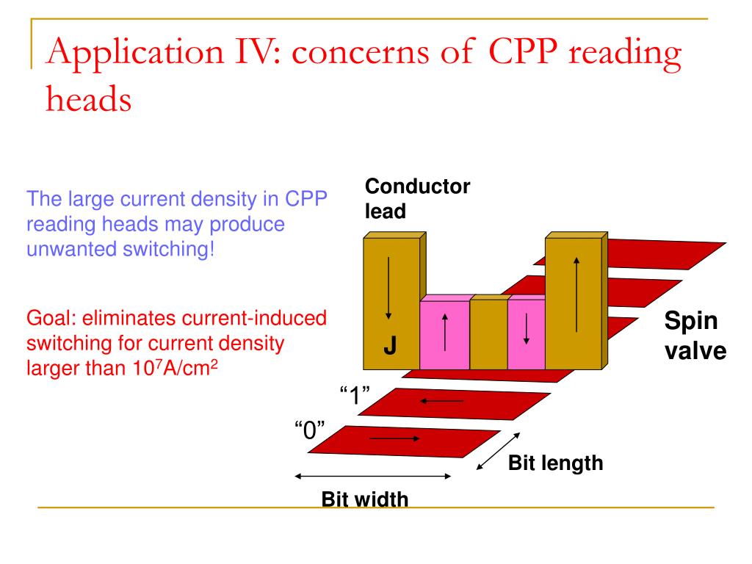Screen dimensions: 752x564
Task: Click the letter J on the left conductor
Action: click(x=390, y=345)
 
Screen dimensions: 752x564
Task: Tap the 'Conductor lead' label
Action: click(x=417, y=198)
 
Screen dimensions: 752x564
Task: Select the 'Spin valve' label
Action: click(x=695, y=336)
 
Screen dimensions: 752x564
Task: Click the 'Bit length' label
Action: click(x=555, y=463)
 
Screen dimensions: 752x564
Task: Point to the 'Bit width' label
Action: click(x=364, y=499)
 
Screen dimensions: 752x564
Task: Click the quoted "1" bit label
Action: click(x=355, y=395)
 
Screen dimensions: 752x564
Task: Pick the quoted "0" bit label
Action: click(x=310, y=430)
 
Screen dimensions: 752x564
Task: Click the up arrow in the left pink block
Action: click(x=445, y=332)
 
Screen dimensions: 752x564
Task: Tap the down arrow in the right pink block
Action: click(x=526, y=328)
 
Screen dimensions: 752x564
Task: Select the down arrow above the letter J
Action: click(x=388, y=288)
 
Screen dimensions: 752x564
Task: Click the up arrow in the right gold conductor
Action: click(x=576, y=294)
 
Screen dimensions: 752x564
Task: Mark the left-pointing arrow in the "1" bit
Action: click(x=441, y=401)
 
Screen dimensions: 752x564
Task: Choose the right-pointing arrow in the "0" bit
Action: click(x=394, y=438)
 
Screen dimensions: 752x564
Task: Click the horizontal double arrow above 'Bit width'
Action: click(x=372, y=476)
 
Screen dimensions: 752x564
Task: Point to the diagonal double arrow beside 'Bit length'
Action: click(x=499, y=452)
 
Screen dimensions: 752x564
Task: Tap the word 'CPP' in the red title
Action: click(x=523, y=51)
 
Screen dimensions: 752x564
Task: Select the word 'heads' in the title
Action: click(x=89, y=99)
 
